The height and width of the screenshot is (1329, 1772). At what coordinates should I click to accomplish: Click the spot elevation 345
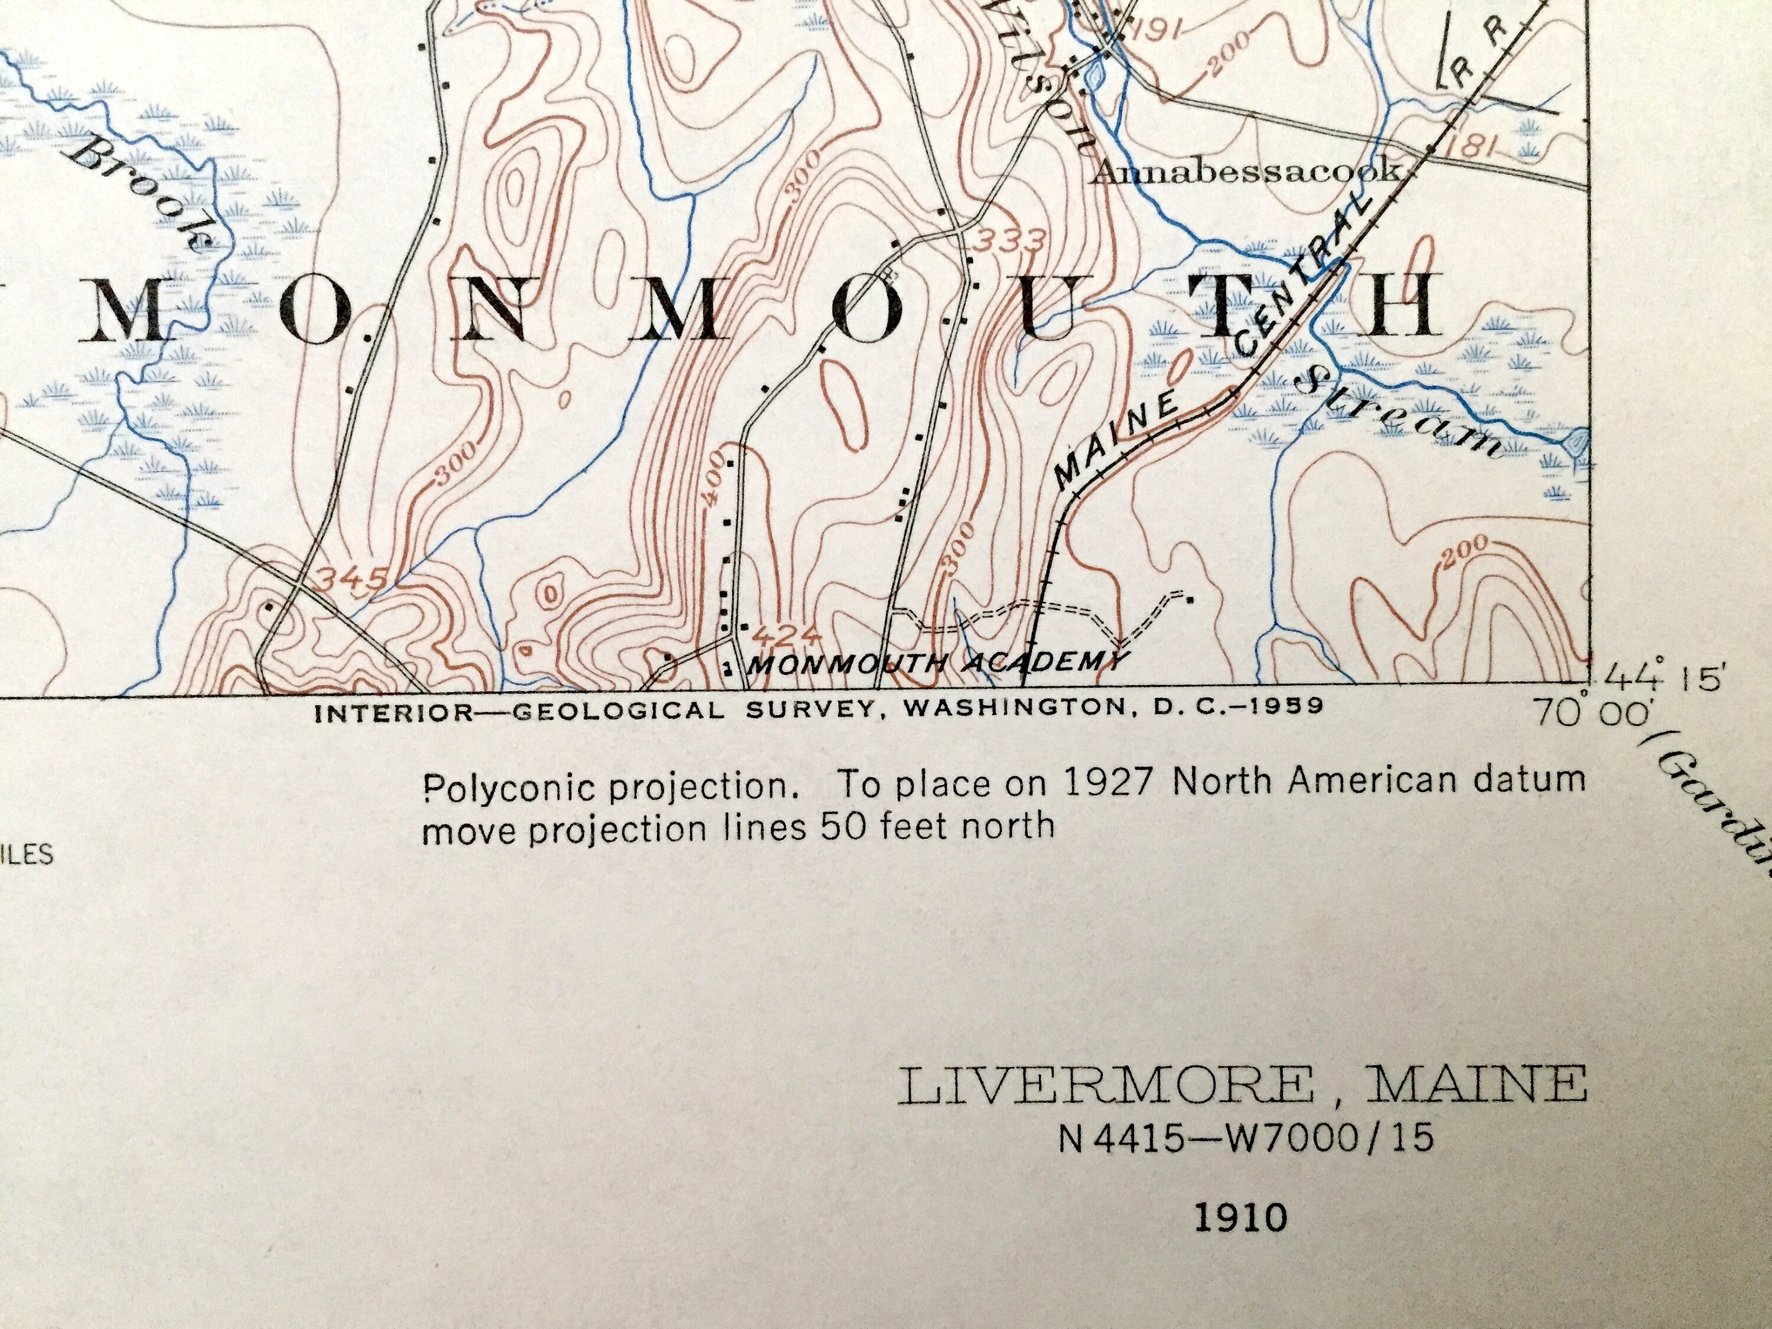tap(353, 578)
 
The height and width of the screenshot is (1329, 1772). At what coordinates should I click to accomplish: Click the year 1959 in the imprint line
tap(1282, 706)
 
